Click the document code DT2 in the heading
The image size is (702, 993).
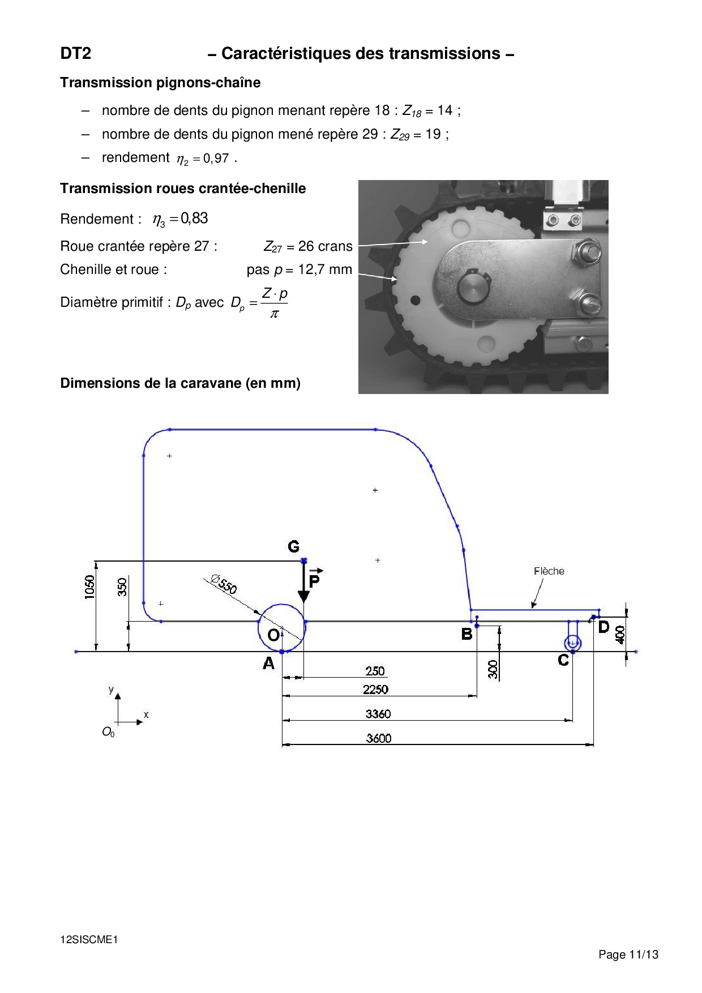click(76, 53)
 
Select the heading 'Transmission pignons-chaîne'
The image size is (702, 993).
click(160, 83)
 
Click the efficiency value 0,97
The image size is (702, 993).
click(216, 159)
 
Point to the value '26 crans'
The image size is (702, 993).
click(325, 246)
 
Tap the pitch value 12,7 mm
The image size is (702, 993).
click(325, 269)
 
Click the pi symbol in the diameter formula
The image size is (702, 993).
click(274, 314)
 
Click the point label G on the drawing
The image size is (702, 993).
click(293, 546)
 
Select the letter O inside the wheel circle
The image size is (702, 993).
click(273, 635)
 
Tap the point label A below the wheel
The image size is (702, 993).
click(268, 663)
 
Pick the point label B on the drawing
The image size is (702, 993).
click(466, 634)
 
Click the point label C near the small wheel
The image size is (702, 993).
click(563, 660)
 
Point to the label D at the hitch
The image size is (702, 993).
click(604, 627)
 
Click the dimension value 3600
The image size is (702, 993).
click(379, 738)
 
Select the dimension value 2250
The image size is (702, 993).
click(376, 690)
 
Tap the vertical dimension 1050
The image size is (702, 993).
click(89, 587)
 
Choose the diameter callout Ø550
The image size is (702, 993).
click(223, 584)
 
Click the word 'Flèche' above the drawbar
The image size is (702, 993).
click(549, 571)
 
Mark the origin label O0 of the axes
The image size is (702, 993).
click(108, 732)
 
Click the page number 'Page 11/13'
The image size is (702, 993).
click(628, 955)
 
